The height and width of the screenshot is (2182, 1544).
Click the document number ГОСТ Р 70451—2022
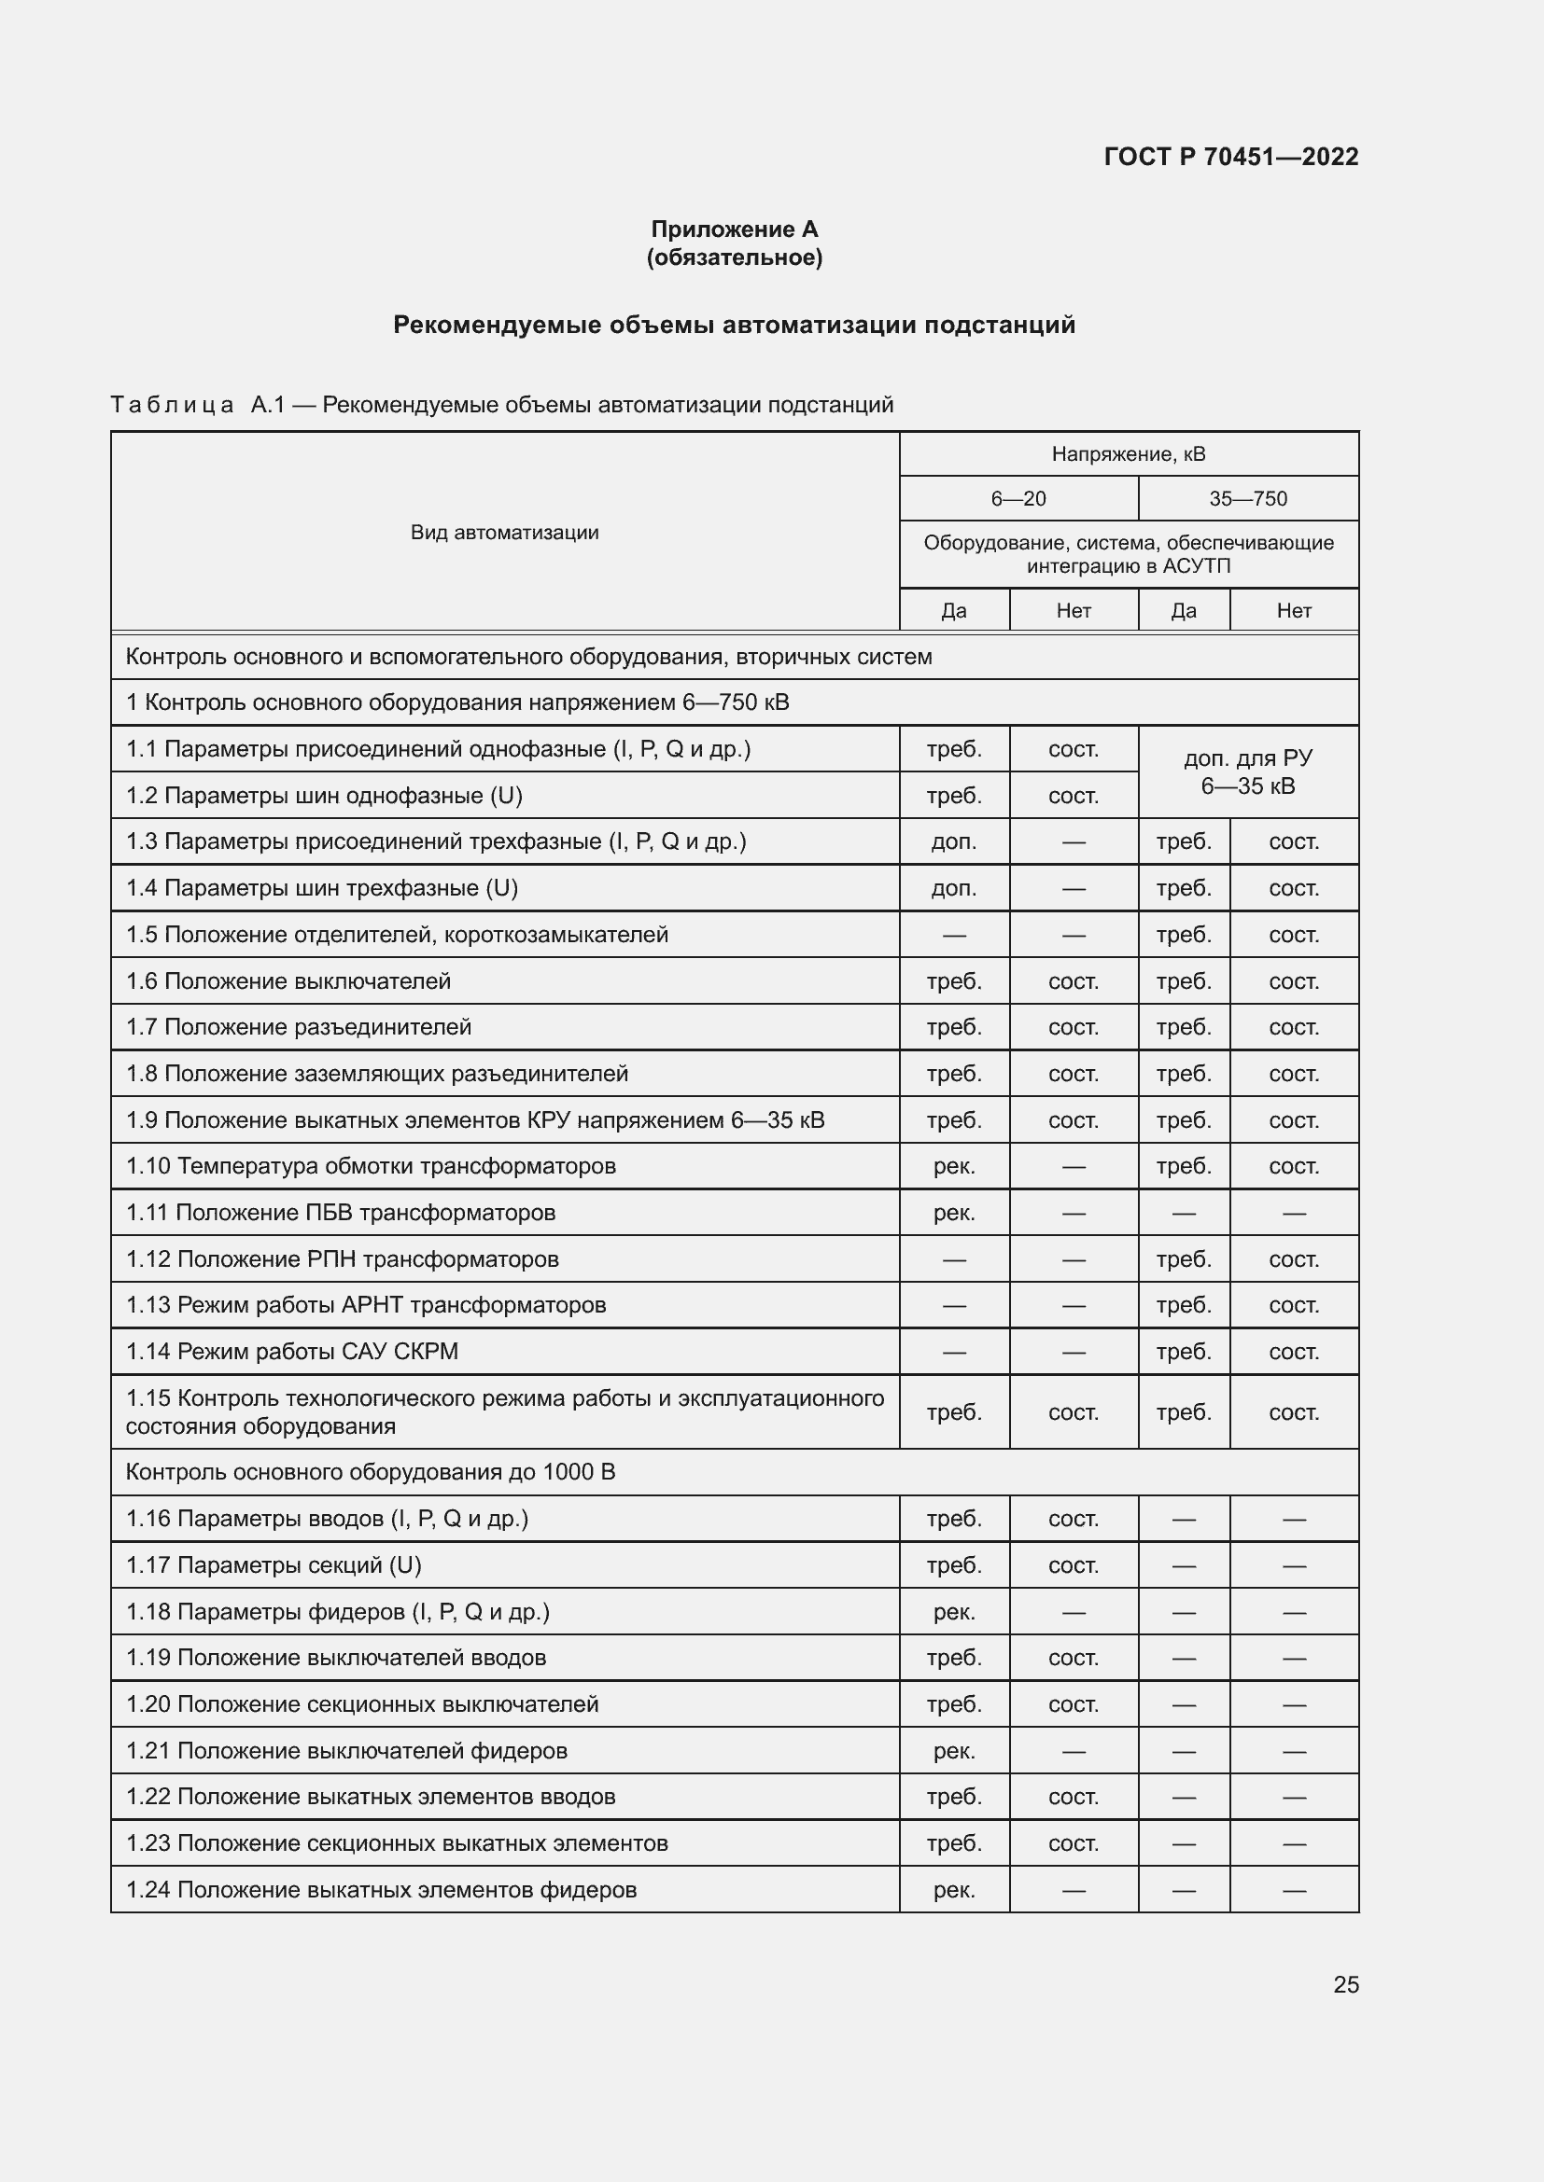[x=1230, y=157]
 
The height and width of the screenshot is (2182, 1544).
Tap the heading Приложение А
[x=734, y=229]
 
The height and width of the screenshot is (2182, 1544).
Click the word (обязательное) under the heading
[x=734, y=257]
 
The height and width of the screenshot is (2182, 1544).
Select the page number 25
[x=1345, y=1984]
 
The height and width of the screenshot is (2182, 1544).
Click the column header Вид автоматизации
[x=504, y=532]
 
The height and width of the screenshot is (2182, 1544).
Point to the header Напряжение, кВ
[x=1128, y=454]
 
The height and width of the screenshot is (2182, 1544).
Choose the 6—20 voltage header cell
[x=1018, y=499]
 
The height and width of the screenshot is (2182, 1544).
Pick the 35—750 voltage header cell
[x=1247, y=499]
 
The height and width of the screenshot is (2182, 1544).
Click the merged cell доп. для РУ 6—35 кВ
[x=1247, y=771]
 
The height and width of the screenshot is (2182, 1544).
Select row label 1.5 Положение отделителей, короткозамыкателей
[x=397, y=934]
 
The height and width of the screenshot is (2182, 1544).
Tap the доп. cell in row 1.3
[x=954, y=842]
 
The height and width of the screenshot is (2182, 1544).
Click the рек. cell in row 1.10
[x=954, y=1166]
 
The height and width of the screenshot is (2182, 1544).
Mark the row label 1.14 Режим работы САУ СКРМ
[x=292, y=1352]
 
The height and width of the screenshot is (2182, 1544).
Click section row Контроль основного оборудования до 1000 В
[x=370, y=1472]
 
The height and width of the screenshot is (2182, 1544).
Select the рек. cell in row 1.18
[x=954, y=1612]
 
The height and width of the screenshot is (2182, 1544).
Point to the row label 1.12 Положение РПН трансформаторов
[x=343, y=1259]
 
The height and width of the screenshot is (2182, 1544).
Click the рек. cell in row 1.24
[x=954, y=1890]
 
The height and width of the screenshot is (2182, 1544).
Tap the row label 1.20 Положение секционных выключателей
[x=362, y=1704]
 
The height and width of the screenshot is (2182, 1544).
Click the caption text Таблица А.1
[x=198, y=405]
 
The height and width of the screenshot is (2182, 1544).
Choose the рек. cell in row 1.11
[x=954, y=1213]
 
